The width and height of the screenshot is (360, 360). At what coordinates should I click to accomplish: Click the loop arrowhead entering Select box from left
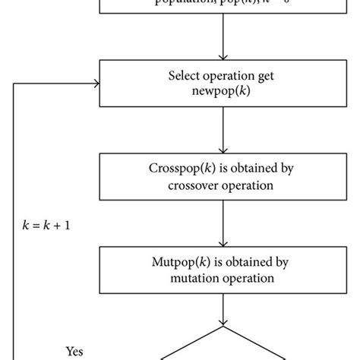pyautogui.click(x=96, y=84)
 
